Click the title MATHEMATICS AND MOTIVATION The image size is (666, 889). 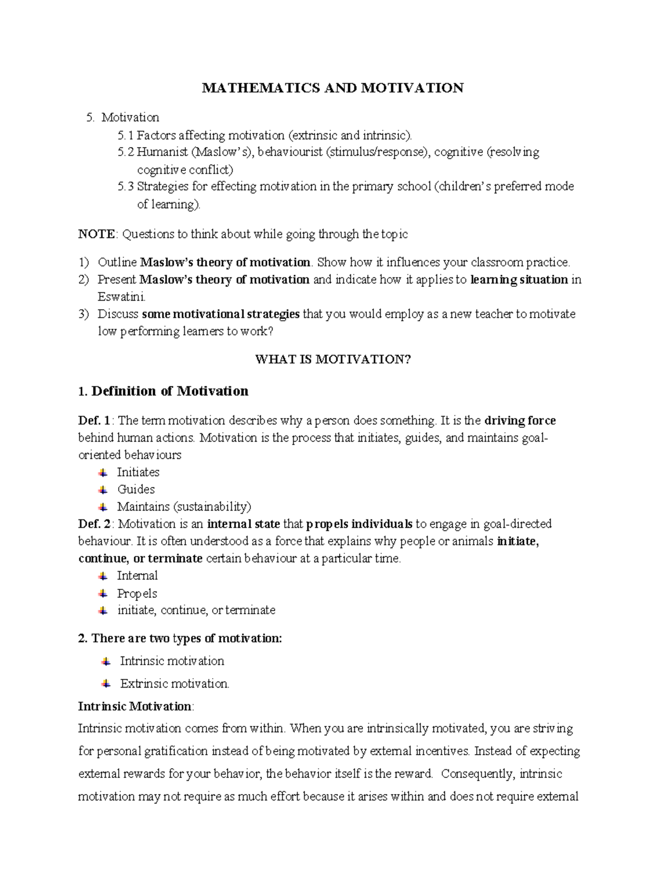[332, 88]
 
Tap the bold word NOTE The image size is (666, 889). [97, 234]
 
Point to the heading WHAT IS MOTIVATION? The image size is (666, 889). [332, 360]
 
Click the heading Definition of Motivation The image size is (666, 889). [169, 391]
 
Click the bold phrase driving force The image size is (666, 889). [520, 421]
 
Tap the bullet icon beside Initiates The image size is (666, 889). [103, 473]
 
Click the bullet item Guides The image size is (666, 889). [136, 489]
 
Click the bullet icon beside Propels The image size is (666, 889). [103, 594]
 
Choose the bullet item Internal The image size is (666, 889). [137, 576]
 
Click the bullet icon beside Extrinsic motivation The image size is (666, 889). [106, 684]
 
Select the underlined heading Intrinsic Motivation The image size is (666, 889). [135, 706]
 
